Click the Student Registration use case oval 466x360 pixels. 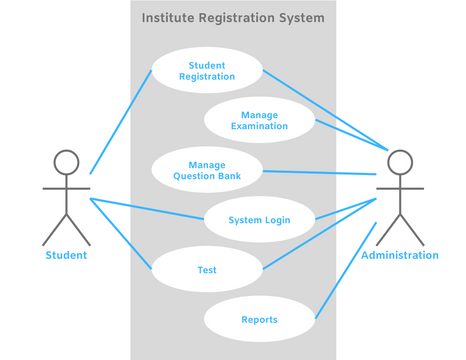click(x=207, y=70)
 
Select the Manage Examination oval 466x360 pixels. click(x=260, y=120)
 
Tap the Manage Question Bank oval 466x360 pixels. click(x=207, y=170)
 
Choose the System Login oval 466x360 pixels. click(x=260, y=220)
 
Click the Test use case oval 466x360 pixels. click(x=207, y=269)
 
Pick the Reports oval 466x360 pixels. click(x=260, y=320)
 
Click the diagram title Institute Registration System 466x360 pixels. click(x=233, y=18)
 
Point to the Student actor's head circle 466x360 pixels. click(x=66, y=162)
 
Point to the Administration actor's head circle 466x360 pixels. click(x=400, y=162)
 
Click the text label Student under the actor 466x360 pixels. click(x=66, y=255)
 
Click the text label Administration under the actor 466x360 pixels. click(x=400, y=255)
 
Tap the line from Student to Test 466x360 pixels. click(x=120, y=233)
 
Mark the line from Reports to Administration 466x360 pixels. click(x=345, y=271)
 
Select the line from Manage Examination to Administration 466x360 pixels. click(x=350, y=136)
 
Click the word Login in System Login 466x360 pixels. click(x=278, y=220)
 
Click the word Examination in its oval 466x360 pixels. click(x=260, y=127)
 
